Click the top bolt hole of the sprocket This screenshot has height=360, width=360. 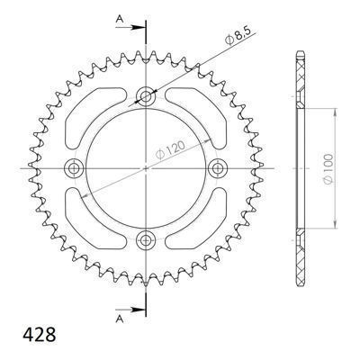pos(146,96)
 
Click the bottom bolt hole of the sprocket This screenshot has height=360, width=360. pos(146,239)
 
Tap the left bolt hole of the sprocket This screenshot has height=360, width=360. pos(73,168)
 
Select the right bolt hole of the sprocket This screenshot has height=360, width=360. pos(217,168)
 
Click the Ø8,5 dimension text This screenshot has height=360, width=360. pos(238,37)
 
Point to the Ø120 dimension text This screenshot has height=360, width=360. pos(170,150)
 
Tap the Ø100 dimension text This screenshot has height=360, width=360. pos(328,169)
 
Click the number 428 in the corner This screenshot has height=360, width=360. pos(39,334)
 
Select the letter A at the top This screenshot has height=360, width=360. pos(120,20)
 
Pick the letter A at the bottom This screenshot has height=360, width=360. pos(120,319)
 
